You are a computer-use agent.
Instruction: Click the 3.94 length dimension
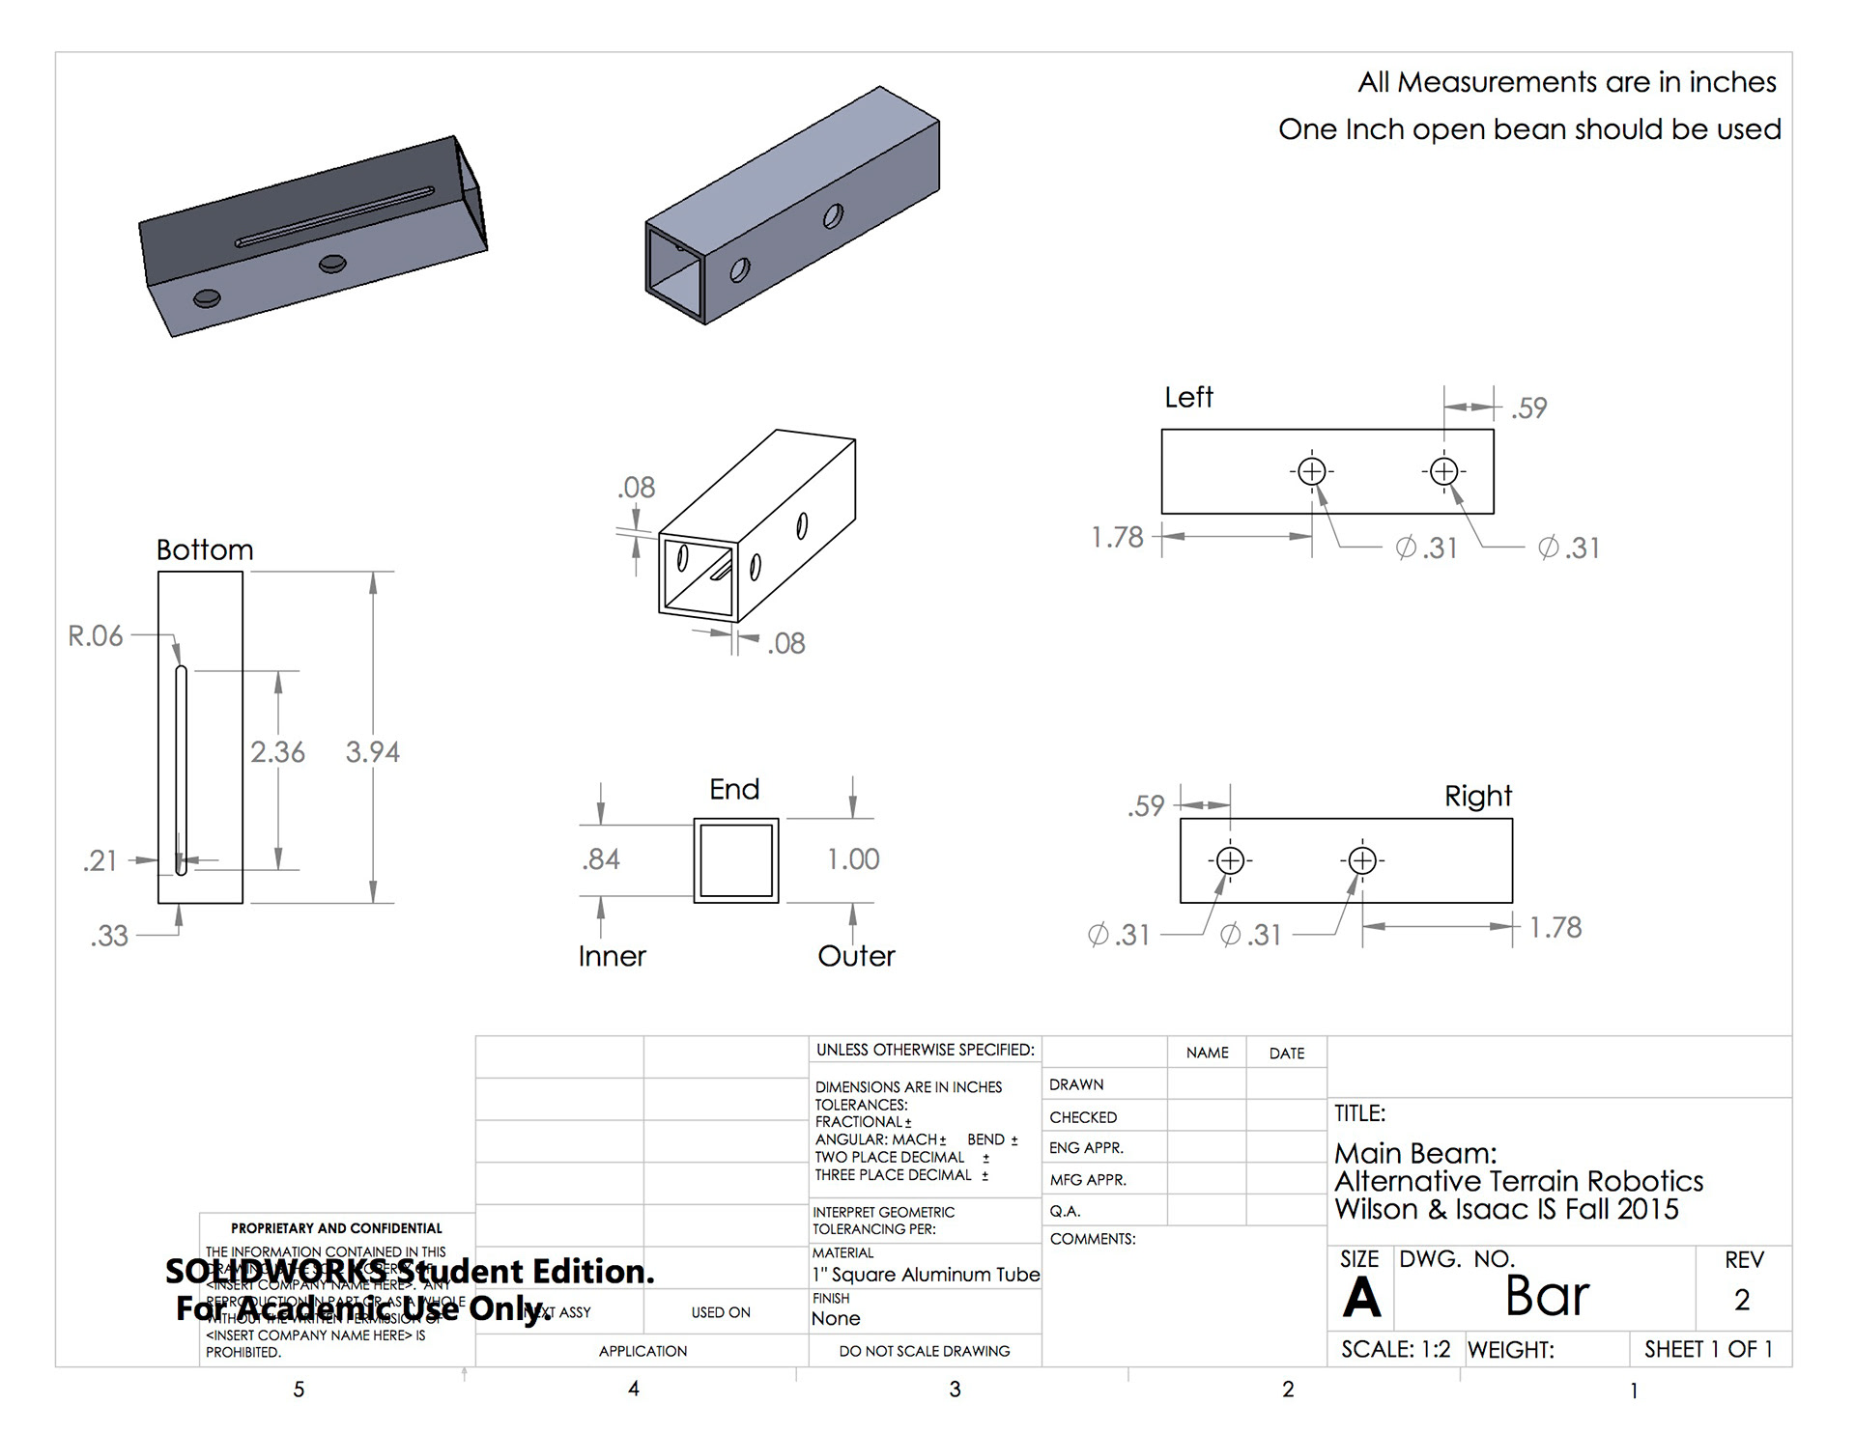pos(372,751)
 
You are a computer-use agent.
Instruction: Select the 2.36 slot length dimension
pos(277,751)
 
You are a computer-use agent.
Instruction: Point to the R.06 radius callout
pos(96,635)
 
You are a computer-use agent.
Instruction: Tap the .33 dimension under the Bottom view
pos(109,936)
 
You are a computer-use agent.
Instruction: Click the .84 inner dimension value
pos(601,858)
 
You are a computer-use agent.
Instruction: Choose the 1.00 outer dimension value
pos(853,858)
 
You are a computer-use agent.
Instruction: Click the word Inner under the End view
pos(612,956)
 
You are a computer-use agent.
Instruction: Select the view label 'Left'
pos(1188,397)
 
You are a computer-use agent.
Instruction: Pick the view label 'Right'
pos(1477,796)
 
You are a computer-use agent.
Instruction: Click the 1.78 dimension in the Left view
pos(1117,537)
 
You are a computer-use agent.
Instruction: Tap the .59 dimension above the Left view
pos(1529,407)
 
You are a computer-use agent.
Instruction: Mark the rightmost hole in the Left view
pos(1443,471)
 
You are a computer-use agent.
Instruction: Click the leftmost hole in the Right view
pos(1230,859)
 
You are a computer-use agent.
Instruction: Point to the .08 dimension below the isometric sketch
pos(786,643)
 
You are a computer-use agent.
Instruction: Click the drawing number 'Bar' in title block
pos(1547,1296)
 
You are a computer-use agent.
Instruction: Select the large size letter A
pos(1361,1297)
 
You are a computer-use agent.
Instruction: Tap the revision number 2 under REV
pos(1742,1300)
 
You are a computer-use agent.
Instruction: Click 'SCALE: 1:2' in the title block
pos(1395,1349)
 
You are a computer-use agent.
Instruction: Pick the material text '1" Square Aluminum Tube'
pos(926,1275)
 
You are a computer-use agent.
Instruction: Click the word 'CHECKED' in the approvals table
pos(1083,1117)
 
